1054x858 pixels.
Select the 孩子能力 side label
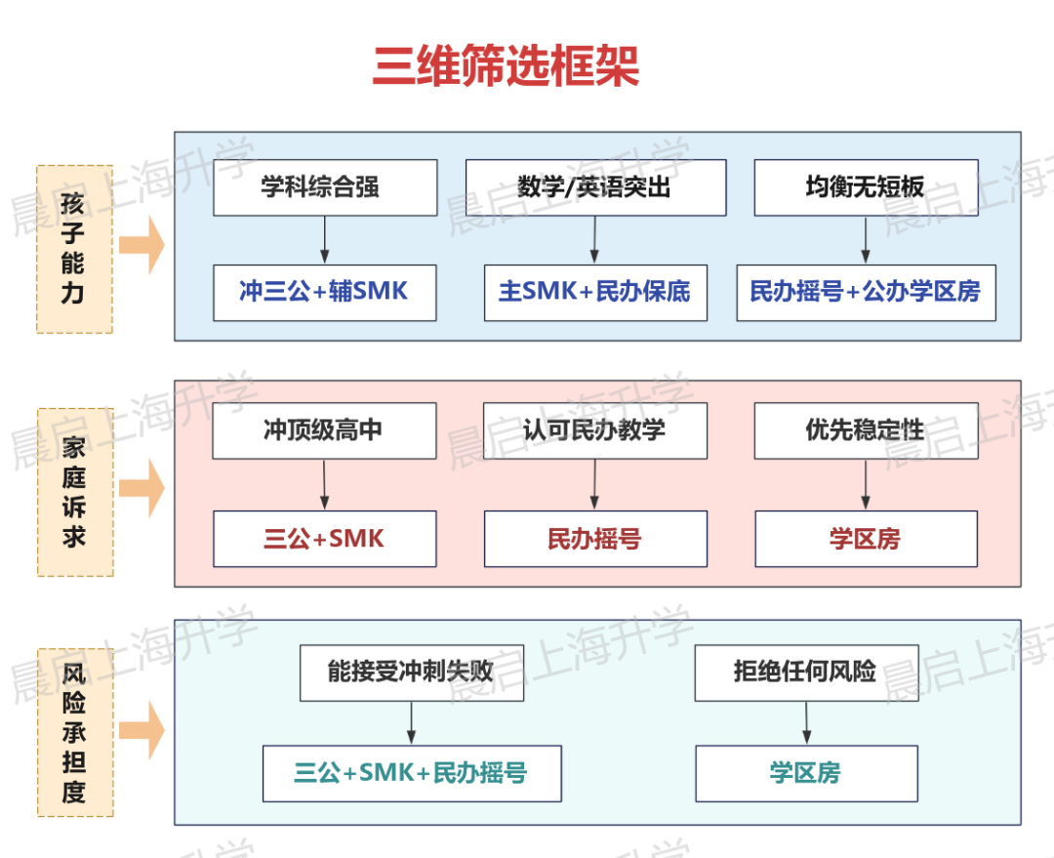point(74,249)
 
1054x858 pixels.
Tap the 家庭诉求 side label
point(74,492)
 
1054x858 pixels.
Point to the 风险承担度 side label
point(74,732)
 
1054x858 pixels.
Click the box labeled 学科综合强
point(325,187)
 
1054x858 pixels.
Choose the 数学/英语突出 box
point(595,187)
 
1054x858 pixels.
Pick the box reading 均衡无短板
point(866,187)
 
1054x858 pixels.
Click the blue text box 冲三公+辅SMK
point(325,292)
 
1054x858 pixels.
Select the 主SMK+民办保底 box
point(595,292)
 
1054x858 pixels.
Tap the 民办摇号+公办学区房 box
point(866,292)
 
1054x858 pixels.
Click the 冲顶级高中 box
point(325,430)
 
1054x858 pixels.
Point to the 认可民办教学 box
point(595,430)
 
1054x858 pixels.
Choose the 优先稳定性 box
point(866,430)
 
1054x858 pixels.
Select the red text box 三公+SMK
point(325,539)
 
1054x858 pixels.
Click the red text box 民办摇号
point(595,539)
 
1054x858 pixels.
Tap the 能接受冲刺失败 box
point(412,673)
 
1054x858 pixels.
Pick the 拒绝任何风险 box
point(806,673)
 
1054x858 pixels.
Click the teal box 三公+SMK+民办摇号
point(412,774)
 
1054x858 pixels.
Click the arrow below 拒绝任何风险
point(806,723)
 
